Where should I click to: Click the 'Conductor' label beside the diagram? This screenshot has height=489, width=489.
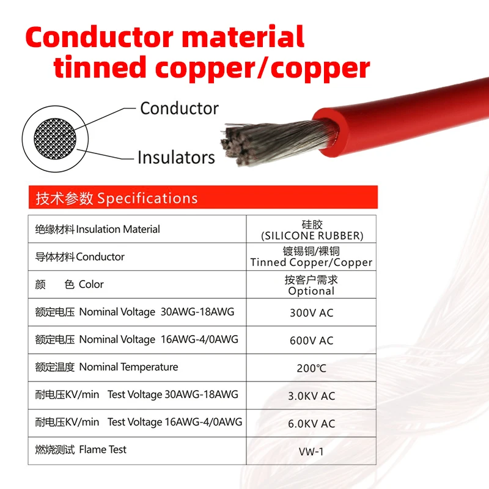pyautogui.click(x=179, y=108)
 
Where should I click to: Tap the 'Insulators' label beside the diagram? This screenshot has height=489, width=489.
pyautogui.click(x=176, y=157)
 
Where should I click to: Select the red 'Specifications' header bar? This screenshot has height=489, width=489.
pyautogui.click(x=202, y=198)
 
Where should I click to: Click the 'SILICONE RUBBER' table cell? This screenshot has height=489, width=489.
pyautogui.click(x=311, y=230)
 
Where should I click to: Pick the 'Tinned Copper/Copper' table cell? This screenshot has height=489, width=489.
pyautogui.click(x=311, y=257)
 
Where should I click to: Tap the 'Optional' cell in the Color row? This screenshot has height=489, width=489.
pyautogui.click(x=311, y=285)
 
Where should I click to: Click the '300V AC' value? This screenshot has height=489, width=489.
pyautogui.click(x=311, y=313)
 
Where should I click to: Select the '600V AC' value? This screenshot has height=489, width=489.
pyautogui.click(x=311, y=340)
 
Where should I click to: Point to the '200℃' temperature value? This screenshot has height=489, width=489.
pyautogui.click(x=311, y=368)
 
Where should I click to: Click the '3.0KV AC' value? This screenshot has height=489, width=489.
pyautogui.click(x=311, y=396)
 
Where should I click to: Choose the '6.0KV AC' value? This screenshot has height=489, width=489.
pyautogui.click(x=311, y=424)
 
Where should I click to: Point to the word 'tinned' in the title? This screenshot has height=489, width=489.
pyautogui.click(x=98, y=67)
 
